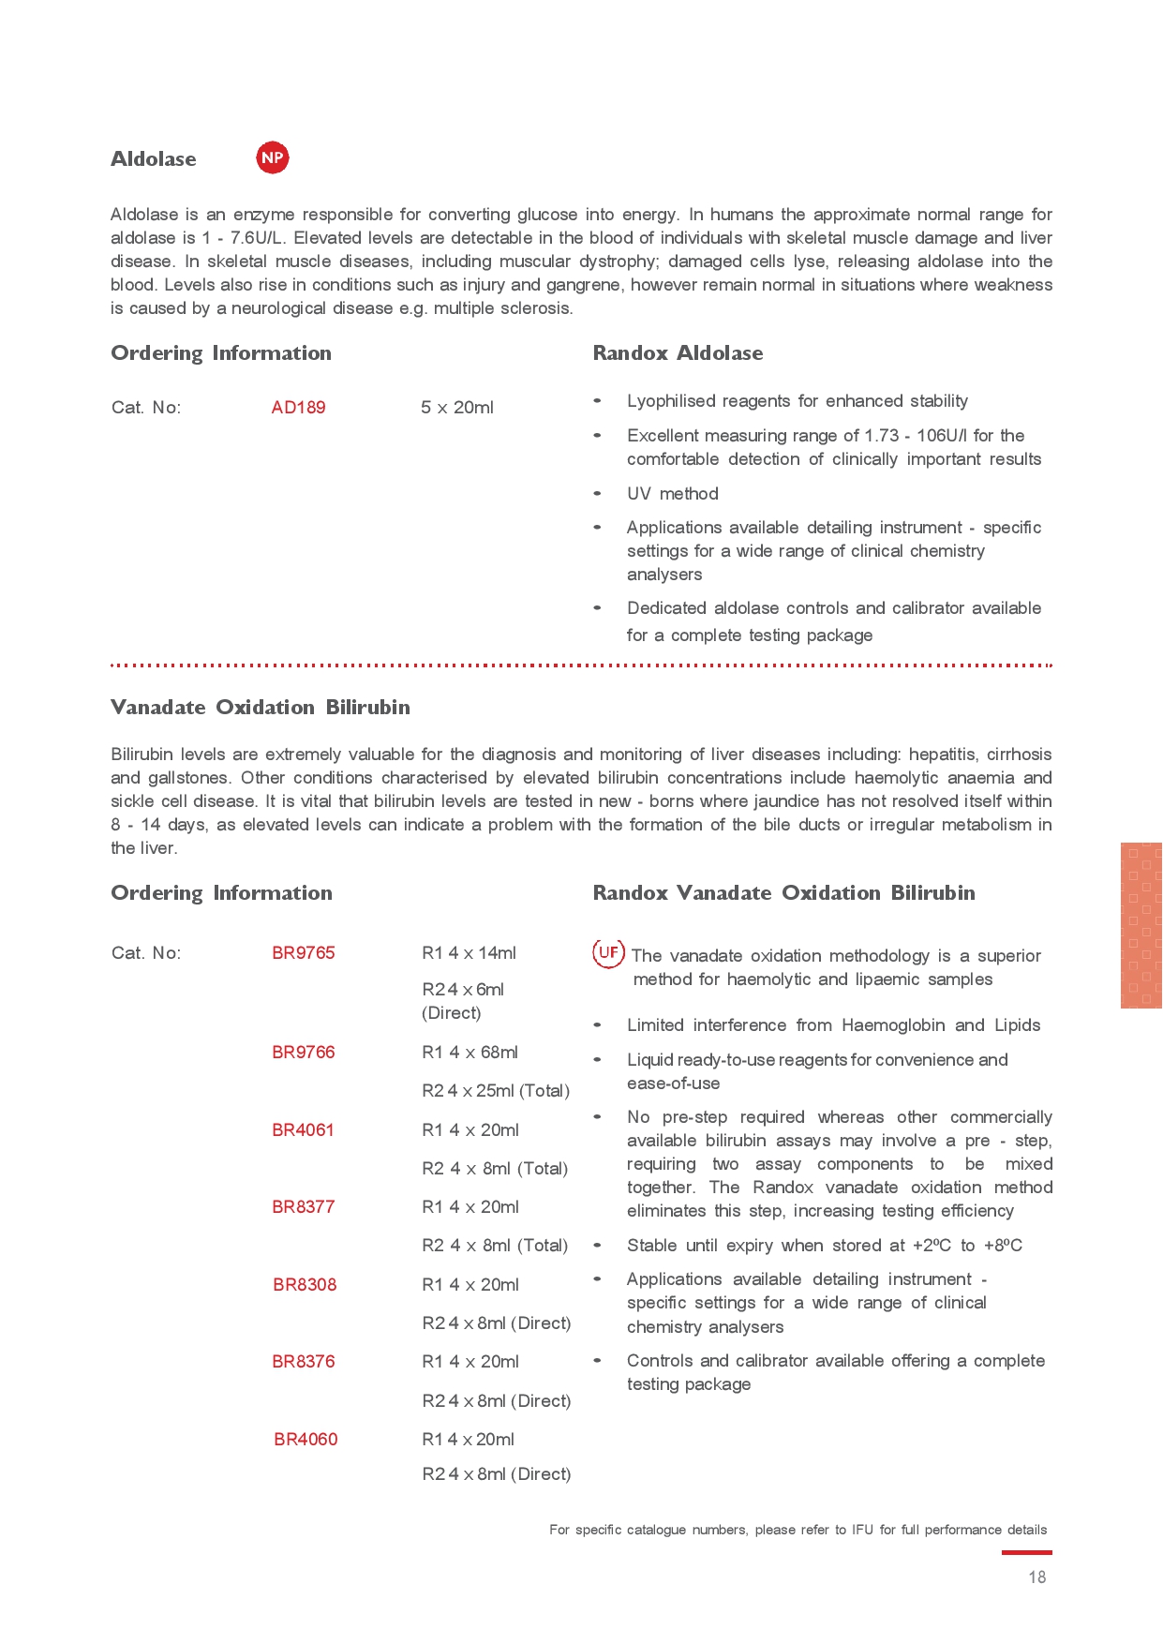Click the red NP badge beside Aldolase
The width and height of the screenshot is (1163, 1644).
point(273,157)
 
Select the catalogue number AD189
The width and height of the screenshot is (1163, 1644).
point(298,408)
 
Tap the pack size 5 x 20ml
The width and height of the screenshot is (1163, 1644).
point(456,408)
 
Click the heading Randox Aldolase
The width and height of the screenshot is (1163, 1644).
point(678,353)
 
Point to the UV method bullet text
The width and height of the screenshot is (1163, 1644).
point(672,494)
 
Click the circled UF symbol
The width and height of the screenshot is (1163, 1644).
point(608,953)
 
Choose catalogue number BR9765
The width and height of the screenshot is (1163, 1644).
point(303,953)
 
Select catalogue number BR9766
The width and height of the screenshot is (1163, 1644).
point(303,1053)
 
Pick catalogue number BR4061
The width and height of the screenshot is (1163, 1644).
point(303,1130)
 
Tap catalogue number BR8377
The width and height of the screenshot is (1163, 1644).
point(303,1207)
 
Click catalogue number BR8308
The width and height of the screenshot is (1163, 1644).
point(305,1285)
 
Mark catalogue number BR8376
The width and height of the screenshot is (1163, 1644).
point(303,1362)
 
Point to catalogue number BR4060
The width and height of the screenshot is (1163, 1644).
point(306,1440)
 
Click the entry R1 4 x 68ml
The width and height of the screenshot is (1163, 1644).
point(470,1053)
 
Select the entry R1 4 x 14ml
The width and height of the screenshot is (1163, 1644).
point(469,953)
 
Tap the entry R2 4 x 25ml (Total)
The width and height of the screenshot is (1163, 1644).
point(496,1091)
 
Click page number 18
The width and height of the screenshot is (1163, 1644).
point(1036,1577)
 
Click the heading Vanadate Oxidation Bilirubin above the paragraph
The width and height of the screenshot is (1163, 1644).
point(261,708)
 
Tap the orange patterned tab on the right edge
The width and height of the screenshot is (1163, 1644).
point(1141,925)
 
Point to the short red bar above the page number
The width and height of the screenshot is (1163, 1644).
point(1026,1553)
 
